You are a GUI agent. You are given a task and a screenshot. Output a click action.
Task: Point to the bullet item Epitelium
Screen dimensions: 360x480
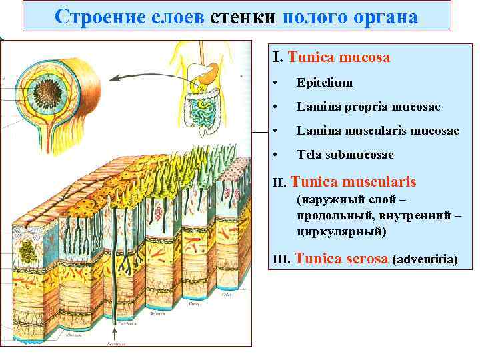325,83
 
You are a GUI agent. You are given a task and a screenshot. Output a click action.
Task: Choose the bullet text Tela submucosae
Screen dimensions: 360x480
345,155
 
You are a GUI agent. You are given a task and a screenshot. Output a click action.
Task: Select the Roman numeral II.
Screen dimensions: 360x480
281,183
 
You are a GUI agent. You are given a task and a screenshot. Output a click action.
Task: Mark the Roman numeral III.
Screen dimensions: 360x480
282,259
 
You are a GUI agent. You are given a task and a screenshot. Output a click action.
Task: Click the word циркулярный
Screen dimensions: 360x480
341,232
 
